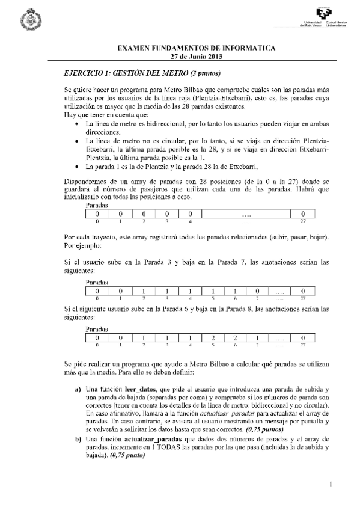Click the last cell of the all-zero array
pyautogui.click(x=304, y=214)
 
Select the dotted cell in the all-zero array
pyautogui.click(x=246, y=214)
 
